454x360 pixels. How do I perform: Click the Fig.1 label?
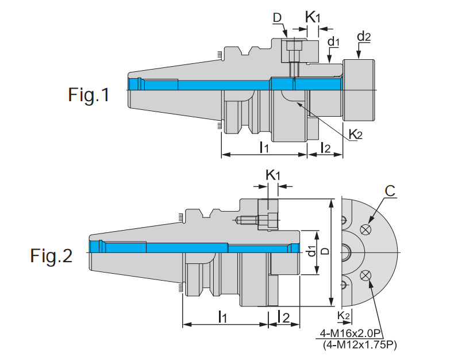[x=89, y=94]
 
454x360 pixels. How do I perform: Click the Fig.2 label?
[x=52, y=255]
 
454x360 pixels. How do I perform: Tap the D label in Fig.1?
[x=278, y=18]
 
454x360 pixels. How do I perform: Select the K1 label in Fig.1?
[x=313, y=17]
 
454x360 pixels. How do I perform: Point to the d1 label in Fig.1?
[x=334, y=42]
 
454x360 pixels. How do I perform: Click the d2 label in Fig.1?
[x=364, y=37]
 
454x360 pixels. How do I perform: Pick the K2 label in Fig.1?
[x=356, y=134]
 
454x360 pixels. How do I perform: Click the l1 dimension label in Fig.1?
[x=263, y=147]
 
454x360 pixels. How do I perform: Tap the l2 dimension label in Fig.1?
[x=325, y=147]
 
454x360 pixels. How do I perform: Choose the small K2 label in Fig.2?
[x=344, y=315]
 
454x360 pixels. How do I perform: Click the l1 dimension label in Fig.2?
[x=223, y=316]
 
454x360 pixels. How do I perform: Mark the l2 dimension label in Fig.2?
[x=283, y=316]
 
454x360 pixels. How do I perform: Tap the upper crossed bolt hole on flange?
[x=364, y=229]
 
